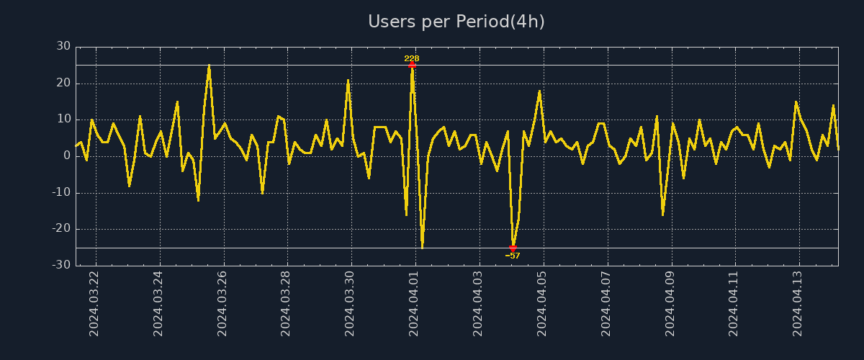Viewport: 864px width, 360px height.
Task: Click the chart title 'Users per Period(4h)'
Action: pos(456,22)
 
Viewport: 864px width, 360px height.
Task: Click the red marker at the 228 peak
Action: pos(412,65)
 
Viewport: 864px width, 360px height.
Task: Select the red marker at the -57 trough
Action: pos(513,248)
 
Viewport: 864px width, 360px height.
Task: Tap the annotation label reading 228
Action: pos(412,58)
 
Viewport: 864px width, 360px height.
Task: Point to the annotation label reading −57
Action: pos(513,256)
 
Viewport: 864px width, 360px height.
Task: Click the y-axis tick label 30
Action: pos(63,46)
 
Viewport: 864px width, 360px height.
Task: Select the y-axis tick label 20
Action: pos(63,83)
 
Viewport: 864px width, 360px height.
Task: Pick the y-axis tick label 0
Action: pos(67,156)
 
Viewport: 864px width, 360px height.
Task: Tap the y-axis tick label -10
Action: pos(61,193)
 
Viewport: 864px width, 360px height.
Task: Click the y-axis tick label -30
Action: pos(61,266)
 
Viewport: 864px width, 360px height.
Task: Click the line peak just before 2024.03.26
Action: pos(209,66)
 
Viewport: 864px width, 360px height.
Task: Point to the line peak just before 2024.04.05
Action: pos(539,91)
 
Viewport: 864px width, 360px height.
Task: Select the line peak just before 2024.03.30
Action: pos(348,80)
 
